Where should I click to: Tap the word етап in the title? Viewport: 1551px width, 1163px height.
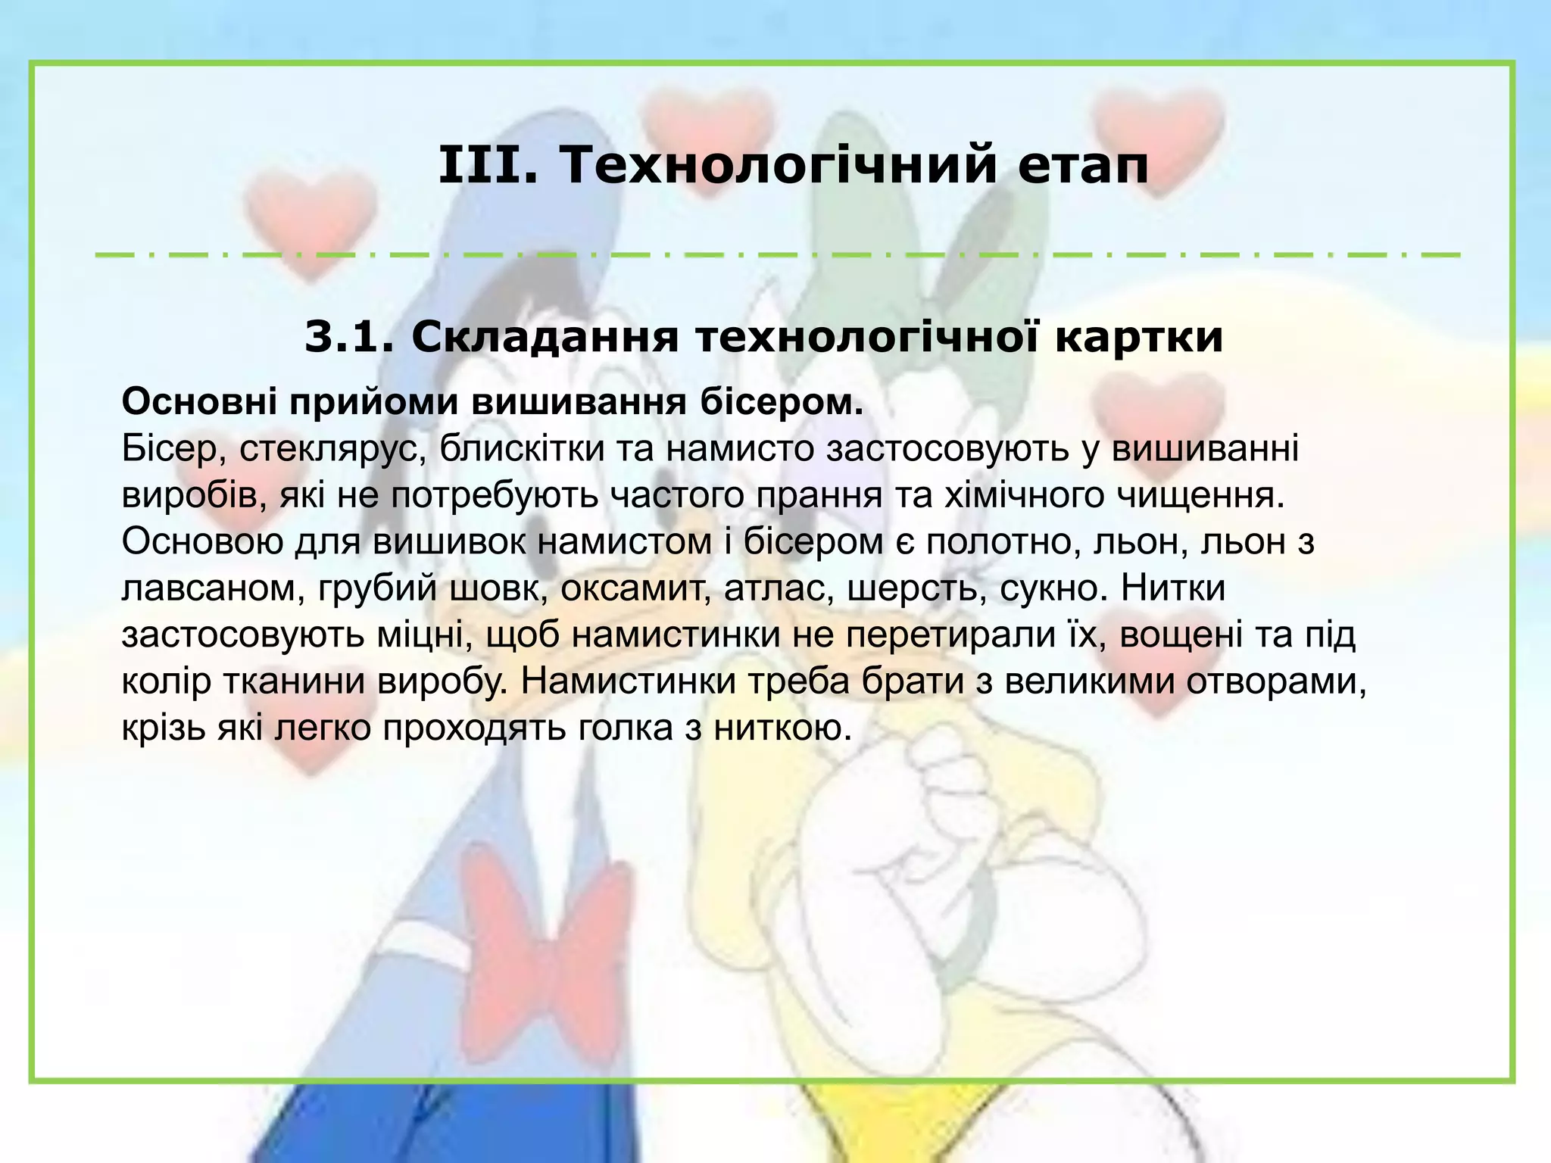1083,166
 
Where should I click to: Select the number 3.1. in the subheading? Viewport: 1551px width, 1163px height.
348,337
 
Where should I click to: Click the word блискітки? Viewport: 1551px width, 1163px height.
522,449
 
